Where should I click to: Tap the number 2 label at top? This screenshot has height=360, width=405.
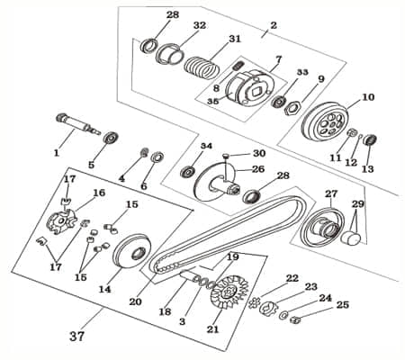point(274,25)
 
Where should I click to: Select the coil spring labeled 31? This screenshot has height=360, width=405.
point(202,67)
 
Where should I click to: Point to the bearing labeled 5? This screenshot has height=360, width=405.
point(112,140)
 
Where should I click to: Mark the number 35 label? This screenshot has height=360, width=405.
point(212,102)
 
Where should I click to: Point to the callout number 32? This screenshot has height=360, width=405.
point(200,25)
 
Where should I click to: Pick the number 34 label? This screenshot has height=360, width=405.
point(206,146)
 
